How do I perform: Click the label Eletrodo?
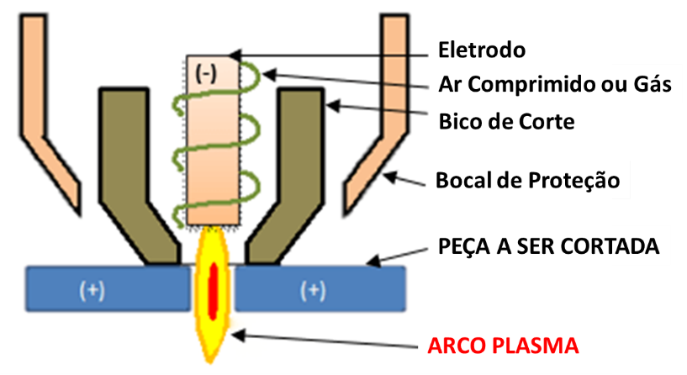482,50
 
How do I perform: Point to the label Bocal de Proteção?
528,181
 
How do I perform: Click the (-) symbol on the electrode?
204,72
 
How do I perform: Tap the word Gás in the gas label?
652,85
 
